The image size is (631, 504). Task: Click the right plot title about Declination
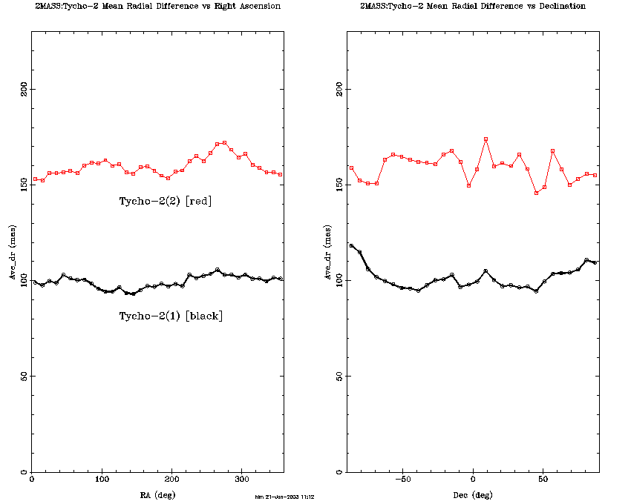point(472,6)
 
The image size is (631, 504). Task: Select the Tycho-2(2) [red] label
point(166,201)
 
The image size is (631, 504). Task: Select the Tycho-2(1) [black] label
point(171,316)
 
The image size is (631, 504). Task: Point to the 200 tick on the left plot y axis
point(24,89)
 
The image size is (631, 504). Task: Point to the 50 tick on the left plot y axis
point(24,377)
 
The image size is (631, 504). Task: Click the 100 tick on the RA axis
point(101,481)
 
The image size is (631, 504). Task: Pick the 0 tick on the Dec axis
point(473,481)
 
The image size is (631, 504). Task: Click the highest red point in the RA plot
point(224,142)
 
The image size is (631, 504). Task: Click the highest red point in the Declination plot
point(485,139)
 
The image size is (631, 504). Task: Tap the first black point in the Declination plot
point(351,245)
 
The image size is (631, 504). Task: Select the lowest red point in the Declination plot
point(536,193)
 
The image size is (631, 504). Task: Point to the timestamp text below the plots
point(284,497)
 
